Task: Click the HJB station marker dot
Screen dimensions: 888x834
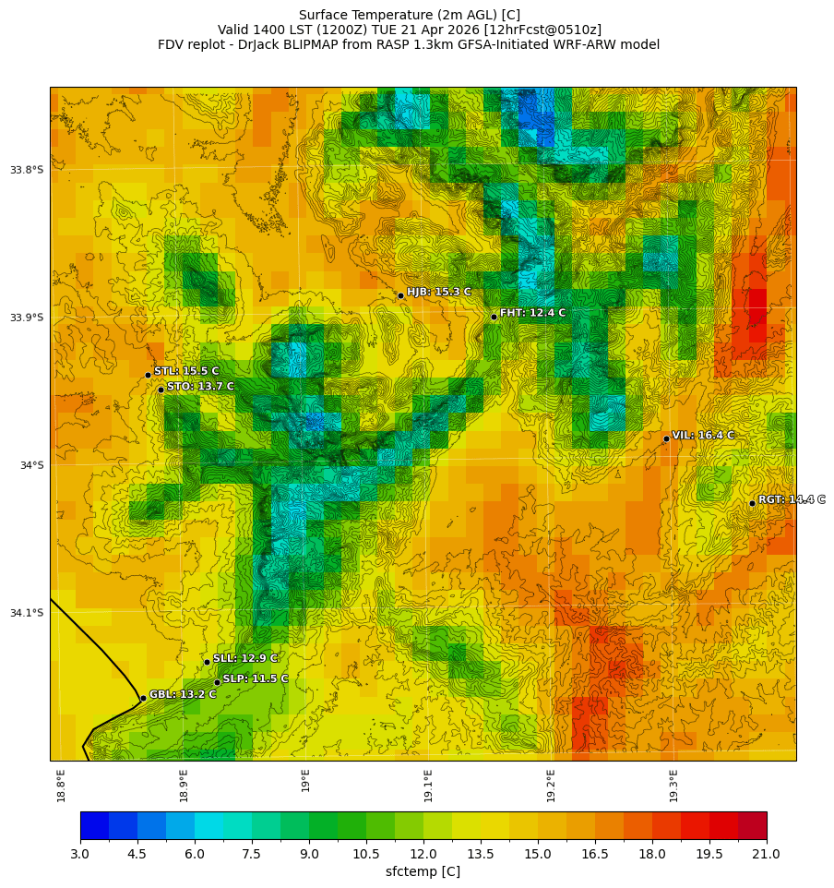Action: pyautogui.click(x=400, y=295)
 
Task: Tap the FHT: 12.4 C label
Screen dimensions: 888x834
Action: pyautogui.click(x=532, y=313)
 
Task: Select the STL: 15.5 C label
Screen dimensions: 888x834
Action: pyautogui.click(x=186, y=371)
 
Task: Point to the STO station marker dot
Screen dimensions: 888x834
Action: pyautogui.click(x=161, y=390)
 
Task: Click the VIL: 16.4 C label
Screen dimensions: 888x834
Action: pyautogui.click(x=703, y=435)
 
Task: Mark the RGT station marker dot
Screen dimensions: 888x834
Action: pyautogui.click(x=752, y=503)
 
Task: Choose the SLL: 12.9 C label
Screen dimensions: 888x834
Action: pyautogui.click(x=245, y=658)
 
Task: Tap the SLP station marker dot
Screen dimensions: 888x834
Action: pyautogui.click(x=217, y=682)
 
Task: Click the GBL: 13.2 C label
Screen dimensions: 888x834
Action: pyautogui.click(x=183, y=694)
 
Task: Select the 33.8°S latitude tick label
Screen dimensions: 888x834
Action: pyautogui.click(x=27, y=170)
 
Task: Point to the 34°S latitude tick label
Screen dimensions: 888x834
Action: pyautogui.click(x=31, y=465)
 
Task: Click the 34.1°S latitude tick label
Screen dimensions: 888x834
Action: pyautogui.click(x=27, y=613)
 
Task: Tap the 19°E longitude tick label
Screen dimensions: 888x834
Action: pyautogui.click(x=305, y=780)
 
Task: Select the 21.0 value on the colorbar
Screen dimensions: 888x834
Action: pyautogui.click(x=767, y=855)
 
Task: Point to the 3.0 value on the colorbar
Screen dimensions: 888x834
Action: pyautogui.click(x=80, y=855)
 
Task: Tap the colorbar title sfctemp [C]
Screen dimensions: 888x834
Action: pyautogui.click(x=423, y=871)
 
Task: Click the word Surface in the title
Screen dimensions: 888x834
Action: pyautogui.click(x=327, y=15)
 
